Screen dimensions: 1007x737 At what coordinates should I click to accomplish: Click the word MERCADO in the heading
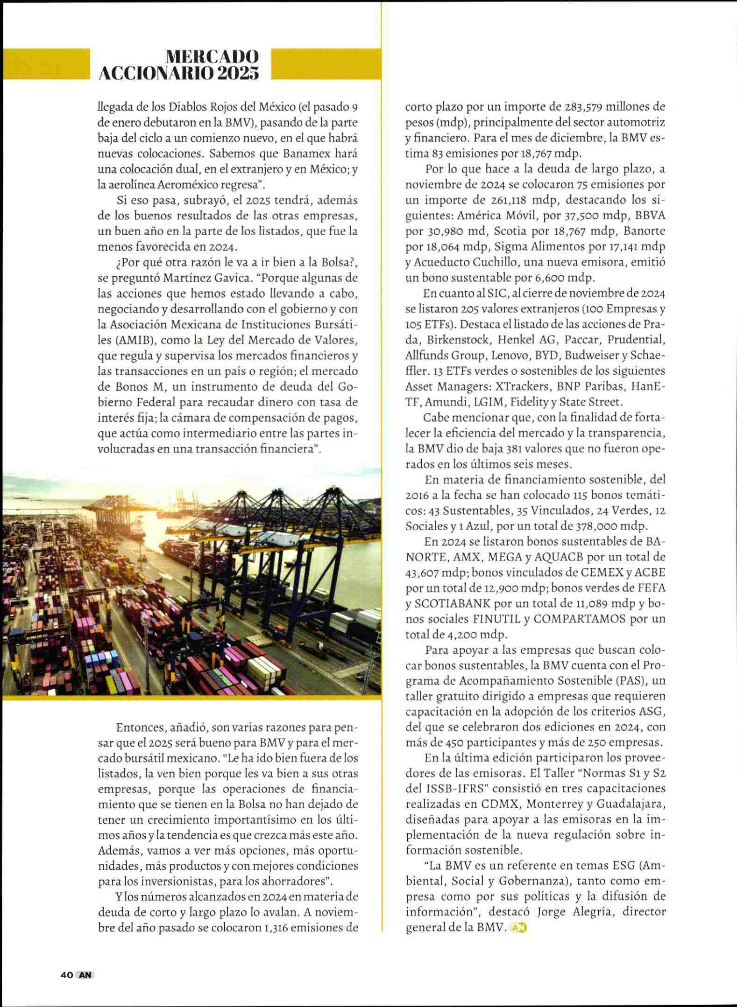[x=213, y=57]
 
